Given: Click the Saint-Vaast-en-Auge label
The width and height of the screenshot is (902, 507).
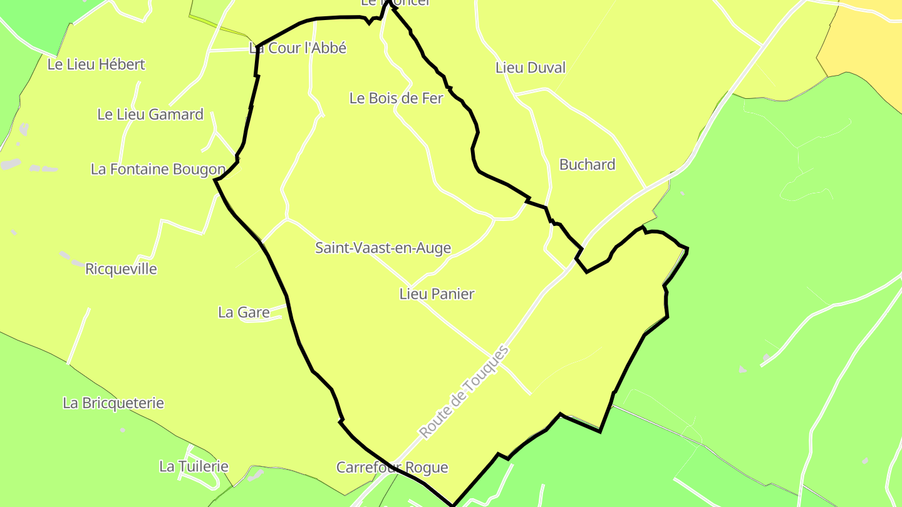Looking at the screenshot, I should [x=383, y=248].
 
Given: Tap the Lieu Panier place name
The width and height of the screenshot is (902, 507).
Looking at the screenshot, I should [x=437, y=294].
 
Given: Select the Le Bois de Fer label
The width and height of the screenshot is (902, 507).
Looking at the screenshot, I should [x=396, y=98].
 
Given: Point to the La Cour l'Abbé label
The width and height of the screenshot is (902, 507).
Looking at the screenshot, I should [x=298, y=48].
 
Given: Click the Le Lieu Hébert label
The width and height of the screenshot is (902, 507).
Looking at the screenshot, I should [x=96, y=64].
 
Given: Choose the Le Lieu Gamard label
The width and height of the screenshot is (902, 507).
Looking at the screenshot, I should [x=150, y=115].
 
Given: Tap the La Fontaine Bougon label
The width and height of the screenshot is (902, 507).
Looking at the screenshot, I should [x=158, y=169].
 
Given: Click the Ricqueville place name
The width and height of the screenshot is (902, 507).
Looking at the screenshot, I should [x=121, y=269].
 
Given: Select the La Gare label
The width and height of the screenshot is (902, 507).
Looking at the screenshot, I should [x=244, y=312].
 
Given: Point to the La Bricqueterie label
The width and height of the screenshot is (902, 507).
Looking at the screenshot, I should [x=113, y=403].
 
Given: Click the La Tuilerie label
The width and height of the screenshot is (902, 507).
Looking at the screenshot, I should [x=194, y=466].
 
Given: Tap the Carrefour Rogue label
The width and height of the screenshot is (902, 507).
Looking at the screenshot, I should [x=392, y=468].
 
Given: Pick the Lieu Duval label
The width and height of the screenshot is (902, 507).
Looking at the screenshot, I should [x=530, y=68].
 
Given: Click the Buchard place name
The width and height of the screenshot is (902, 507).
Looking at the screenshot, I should [x=587, y=165].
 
